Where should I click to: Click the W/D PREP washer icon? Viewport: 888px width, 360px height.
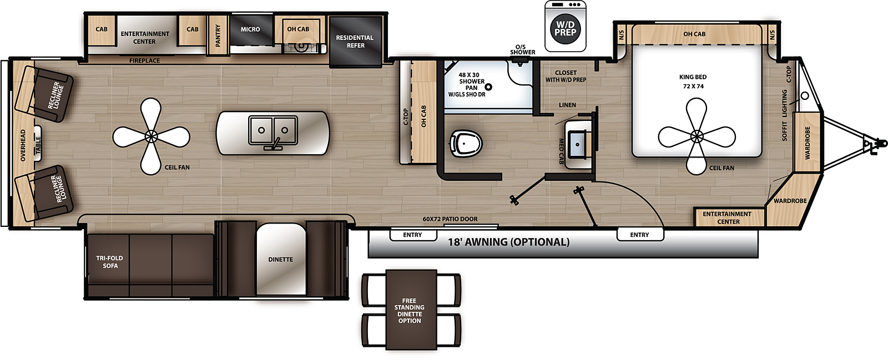pos(566,26)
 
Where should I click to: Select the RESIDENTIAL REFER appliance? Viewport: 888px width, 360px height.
pos(355,42)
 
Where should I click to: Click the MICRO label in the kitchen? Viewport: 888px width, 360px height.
pos(250,29)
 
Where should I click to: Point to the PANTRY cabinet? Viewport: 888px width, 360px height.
pos(218,36)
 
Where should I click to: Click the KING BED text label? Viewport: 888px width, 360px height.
pos(693,77)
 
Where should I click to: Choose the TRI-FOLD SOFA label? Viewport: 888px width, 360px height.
pos(110,262)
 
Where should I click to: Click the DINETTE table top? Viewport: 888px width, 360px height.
pos(281,260)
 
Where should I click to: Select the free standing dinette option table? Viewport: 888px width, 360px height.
pos(411,310)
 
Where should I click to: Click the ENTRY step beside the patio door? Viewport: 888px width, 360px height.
pos(413,235)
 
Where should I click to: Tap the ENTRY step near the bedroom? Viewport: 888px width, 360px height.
pos(640,235)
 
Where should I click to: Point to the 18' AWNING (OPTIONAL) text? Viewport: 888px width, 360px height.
pos(508,242)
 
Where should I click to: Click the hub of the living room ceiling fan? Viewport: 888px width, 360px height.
pos(151,136)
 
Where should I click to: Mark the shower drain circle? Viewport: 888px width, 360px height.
pos(489,87)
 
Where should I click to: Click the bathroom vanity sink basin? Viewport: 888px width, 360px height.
pos(578,145)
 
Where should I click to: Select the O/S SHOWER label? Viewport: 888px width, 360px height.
pos(522,49)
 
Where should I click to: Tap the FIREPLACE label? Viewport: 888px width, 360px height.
pos(145,60)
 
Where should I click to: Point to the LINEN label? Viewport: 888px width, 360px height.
pos(567,105)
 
